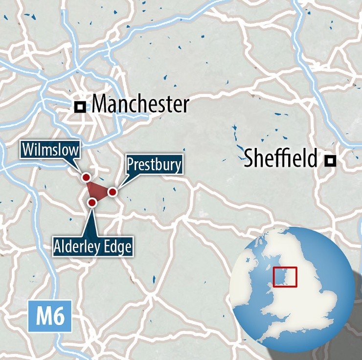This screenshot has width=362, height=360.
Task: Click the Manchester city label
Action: point(140,104)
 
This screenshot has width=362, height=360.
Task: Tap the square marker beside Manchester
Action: point(80,106)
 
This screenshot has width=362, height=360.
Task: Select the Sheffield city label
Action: point(280,159)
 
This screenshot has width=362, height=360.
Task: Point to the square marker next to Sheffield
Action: point(331,160)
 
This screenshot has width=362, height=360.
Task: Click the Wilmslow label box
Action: point(50,149)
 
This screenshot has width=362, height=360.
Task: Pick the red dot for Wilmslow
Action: point(86,177)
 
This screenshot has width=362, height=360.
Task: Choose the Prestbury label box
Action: point(154,165)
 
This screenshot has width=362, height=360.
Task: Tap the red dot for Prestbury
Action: point(112,192)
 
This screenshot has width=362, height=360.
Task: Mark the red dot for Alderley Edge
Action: point(91,202)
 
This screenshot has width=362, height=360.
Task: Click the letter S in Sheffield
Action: point(249,159)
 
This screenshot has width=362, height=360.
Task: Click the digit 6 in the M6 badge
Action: point(58,317)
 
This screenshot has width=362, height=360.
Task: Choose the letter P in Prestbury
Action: point(131,165)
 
